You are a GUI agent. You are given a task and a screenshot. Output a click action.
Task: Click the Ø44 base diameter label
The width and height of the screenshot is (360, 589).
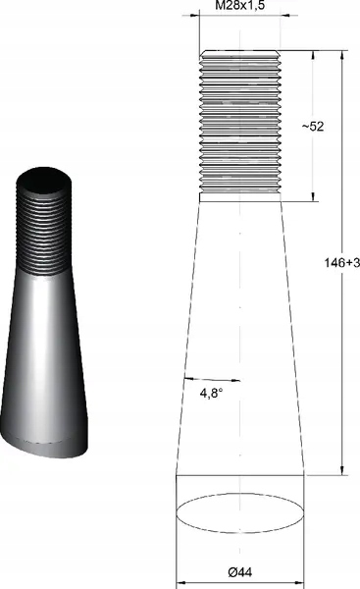[239, 571]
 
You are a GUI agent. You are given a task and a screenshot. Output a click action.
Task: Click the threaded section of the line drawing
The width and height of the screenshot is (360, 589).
[239, 123]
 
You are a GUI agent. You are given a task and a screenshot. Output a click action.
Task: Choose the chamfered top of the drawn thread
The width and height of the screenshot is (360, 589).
[239, 54]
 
